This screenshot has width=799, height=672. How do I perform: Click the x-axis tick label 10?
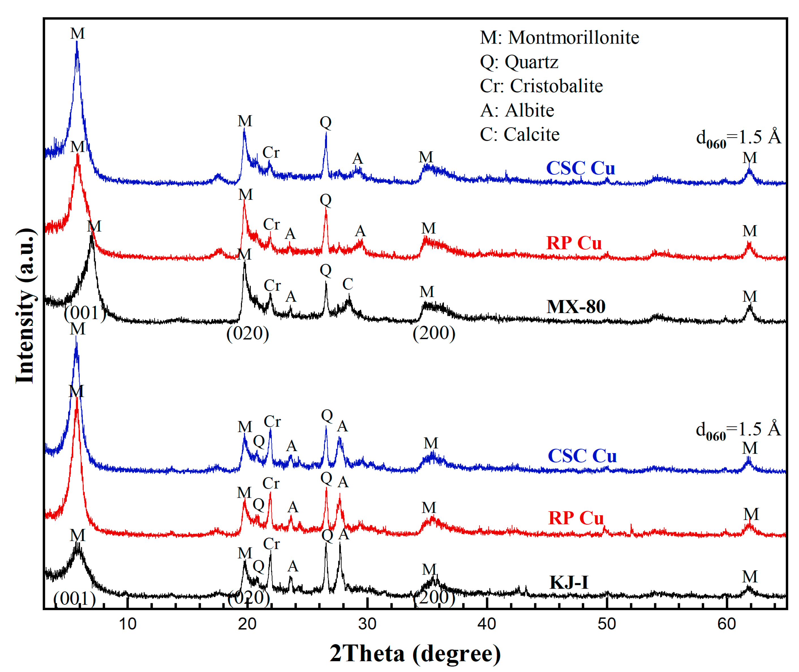click(x=127, y=624)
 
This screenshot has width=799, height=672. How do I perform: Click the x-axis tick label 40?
click(x=487, y=624)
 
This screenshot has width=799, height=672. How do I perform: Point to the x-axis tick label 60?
click(x=726, y=624)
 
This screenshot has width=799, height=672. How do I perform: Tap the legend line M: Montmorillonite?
click(x=559, y=38)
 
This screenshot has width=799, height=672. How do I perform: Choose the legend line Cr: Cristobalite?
click(x=541, y=86)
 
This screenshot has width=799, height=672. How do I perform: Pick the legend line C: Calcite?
click(x=519, y=134)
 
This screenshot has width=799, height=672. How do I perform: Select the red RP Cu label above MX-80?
click(x=574, y=243)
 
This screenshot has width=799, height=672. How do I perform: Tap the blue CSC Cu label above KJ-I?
click(x=582, y=456)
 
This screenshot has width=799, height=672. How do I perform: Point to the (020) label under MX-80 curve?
click(x=248, y=334)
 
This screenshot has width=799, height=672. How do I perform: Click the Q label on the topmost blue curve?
click(x=326, y=122)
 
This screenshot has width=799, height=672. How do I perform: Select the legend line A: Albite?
click(x=517, y=111)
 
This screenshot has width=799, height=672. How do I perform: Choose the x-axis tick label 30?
click(x=367, y=624)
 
